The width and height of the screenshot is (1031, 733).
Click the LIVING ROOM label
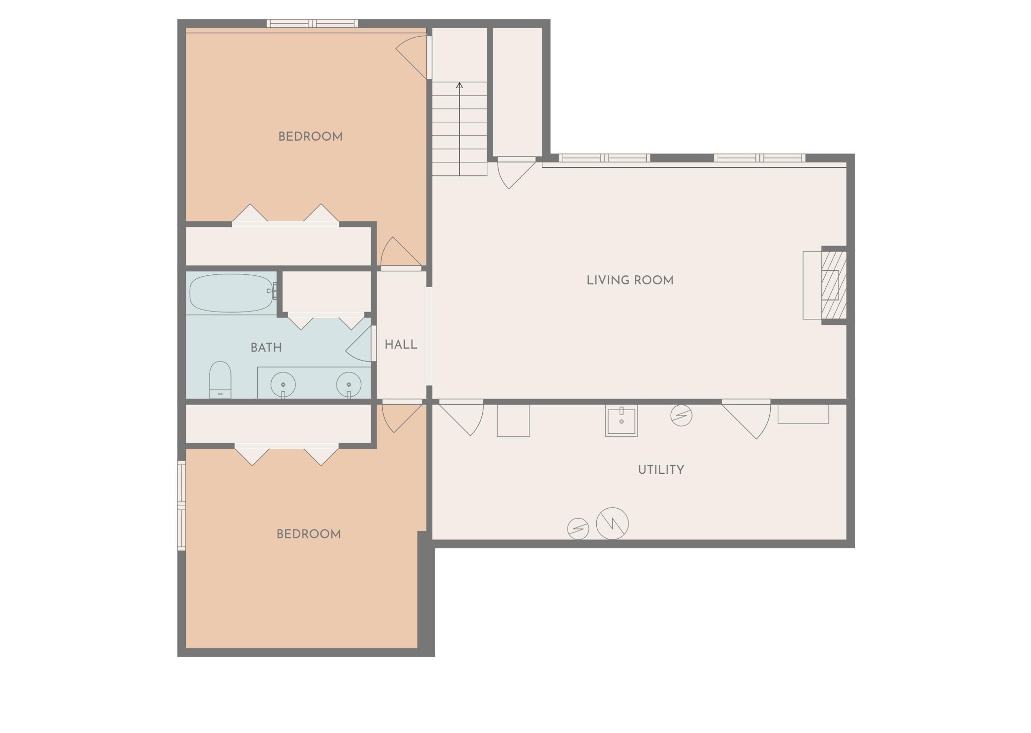[630, 280]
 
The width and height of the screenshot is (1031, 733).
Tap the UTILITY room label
[661, 470]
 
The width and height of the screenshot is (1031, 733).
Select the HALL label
[401, 345]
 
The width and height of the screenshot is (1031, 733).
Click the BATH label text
[266, 348]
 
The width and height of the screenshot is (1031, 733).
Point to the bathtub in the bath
[232, 293]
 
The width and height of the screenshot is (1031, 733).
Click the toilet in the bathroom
[220, 379]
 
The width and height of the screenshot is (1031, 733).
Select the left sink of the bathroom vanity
[283, 384]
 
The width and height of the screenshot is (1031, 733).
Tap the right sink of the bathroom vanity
[349, 384]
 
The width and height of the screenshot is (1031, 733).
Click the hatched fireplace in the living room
[834, 285]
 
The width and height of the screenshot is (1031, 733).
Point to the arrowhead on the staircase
[459, 85]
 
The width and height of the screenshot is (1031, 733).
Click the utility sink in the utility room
[621, 421]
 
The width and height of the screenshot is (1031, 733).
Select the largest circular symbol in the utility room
[612, 524]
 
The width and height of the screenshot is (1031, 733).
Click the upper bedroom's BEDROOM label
[310, 137]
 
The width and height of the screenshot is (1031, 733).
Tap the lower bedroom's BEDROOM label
[308, 534]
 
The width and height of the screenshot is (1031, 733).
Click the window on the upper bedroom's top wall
[312, 23]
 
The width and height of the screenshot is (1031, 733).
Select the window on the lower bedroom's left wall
[181, 506]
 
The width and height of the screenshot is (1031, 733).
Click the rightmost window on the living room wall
[759, 158]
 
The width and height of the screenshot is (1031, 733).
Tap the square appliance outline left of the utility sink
[513, 420]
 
